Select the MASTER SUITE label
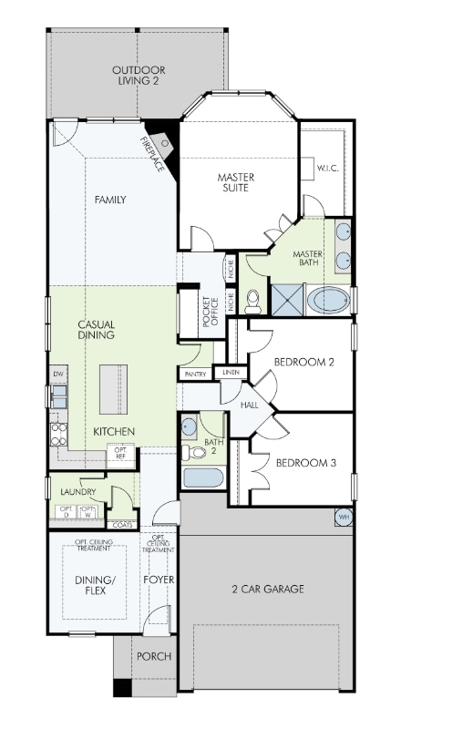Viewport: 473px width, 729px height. (235, 182)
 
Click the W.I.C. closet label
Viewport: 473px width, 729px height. (328, 169)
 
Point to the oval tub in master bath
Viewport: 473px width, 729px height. (328, 300)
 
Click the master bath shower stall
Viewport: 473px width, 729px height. (288, 298)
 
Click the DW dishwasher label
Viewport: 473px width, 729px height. (57, 374)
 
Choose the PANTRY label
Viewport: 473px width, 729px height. (195, 375)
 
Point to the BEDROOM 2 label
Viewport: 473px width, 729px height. (305, 363)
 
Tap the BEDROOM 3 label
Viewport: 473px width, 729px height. (306, 463)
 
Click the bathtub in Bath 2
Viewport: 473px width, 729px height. (202, 478)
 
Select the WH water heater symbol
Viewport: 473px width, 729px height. (344, 518)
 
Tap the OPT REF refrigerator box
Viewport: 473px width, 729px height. (119, 452)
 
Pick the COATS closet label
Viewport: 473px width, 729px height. (121, 525)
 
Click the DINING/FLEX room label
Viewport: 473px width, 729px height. (94, 584)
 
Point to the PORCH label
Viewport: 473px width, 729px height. (153, 656)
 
